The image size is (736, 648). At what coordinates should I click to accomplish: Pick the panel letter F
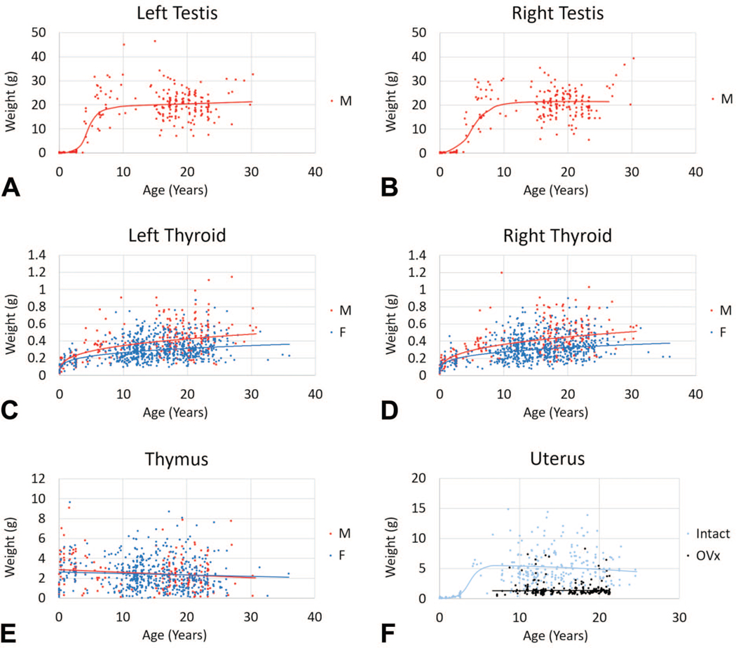(x=390, y=633)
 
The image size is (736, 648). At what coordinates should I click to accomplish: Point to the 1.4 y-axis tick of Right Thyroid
(x=418, y=256)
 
